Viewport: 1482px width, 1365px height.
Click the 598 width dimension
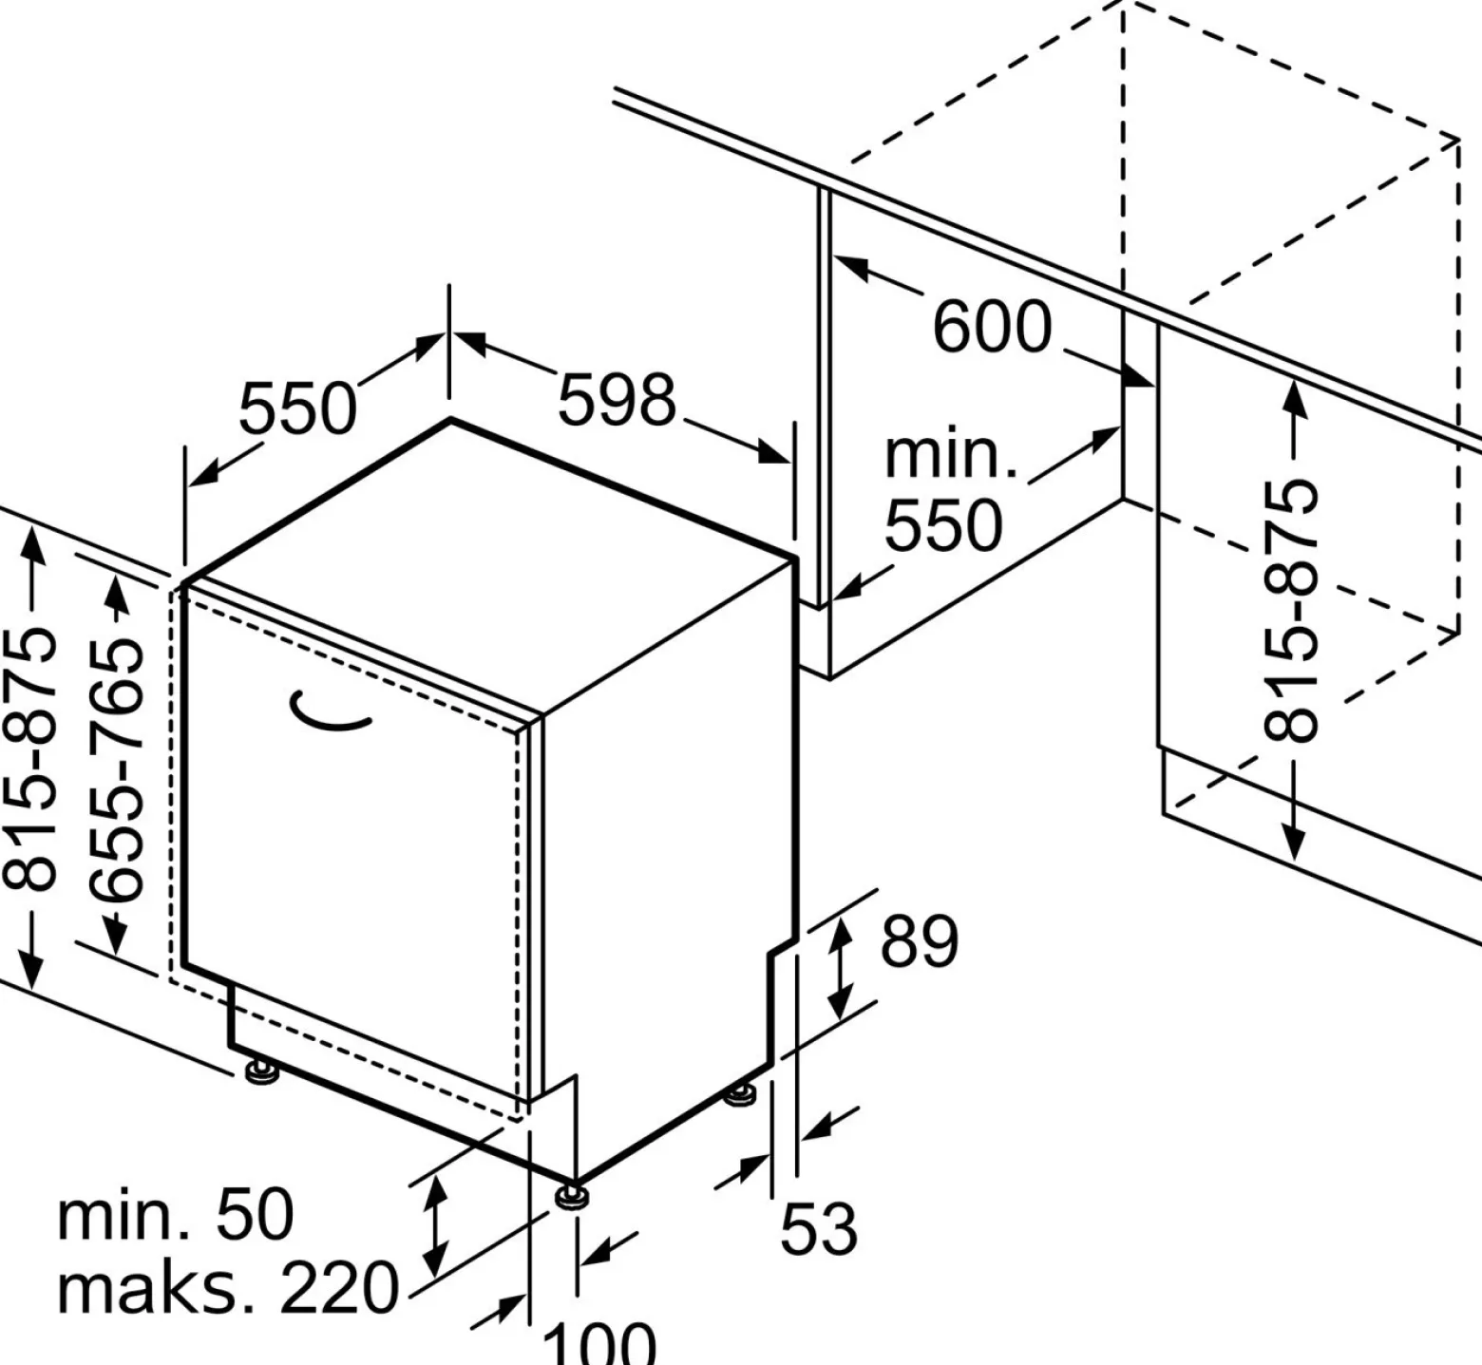tap(616, 399)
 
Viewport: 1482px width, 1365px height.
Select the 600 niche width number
tap(993, 327)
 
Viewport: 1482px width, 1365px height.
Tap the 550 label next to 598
tap(297, 408)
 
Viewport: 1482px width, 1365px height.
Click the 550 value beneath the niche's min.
tap(943, 524)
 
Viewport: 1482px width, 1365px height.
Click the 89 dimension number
tap(920, 941)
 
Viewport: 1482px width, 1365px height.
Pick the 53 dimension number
tap(819, 1228)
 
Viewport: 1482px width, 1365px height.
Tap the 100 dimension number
tap(598, 1343)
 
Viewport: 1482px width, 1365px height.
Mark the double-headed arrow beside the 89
tap(840, 969)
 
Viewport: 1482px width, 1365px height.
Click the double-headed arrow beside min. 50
tap(435, 1224)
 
